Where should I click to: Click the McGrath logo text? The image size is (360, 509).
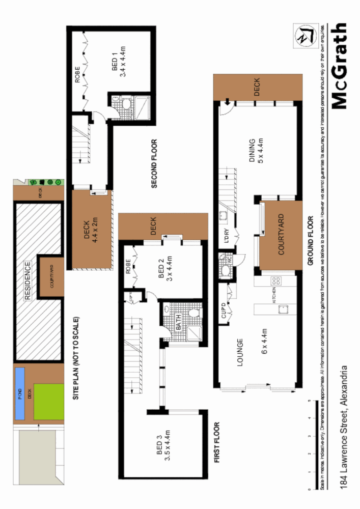pyautogui.click(x=340, y=66)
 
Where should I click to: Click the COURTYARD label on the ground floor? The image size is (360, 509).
pyautogui.click(x=281, y=235)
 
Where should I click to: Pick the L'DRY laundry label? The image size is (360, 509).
pyautogui.click(x=228, y=238)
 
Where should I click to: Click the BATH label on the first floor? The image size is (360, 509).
pyautogui.click(x=178, y=324)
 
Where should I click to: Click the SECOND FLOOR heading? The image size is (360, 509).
pyautogui.click(x=155, y=164)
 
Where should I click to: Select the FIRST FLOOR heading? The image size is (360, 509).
pyautogui.click(x=216, y=443)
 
